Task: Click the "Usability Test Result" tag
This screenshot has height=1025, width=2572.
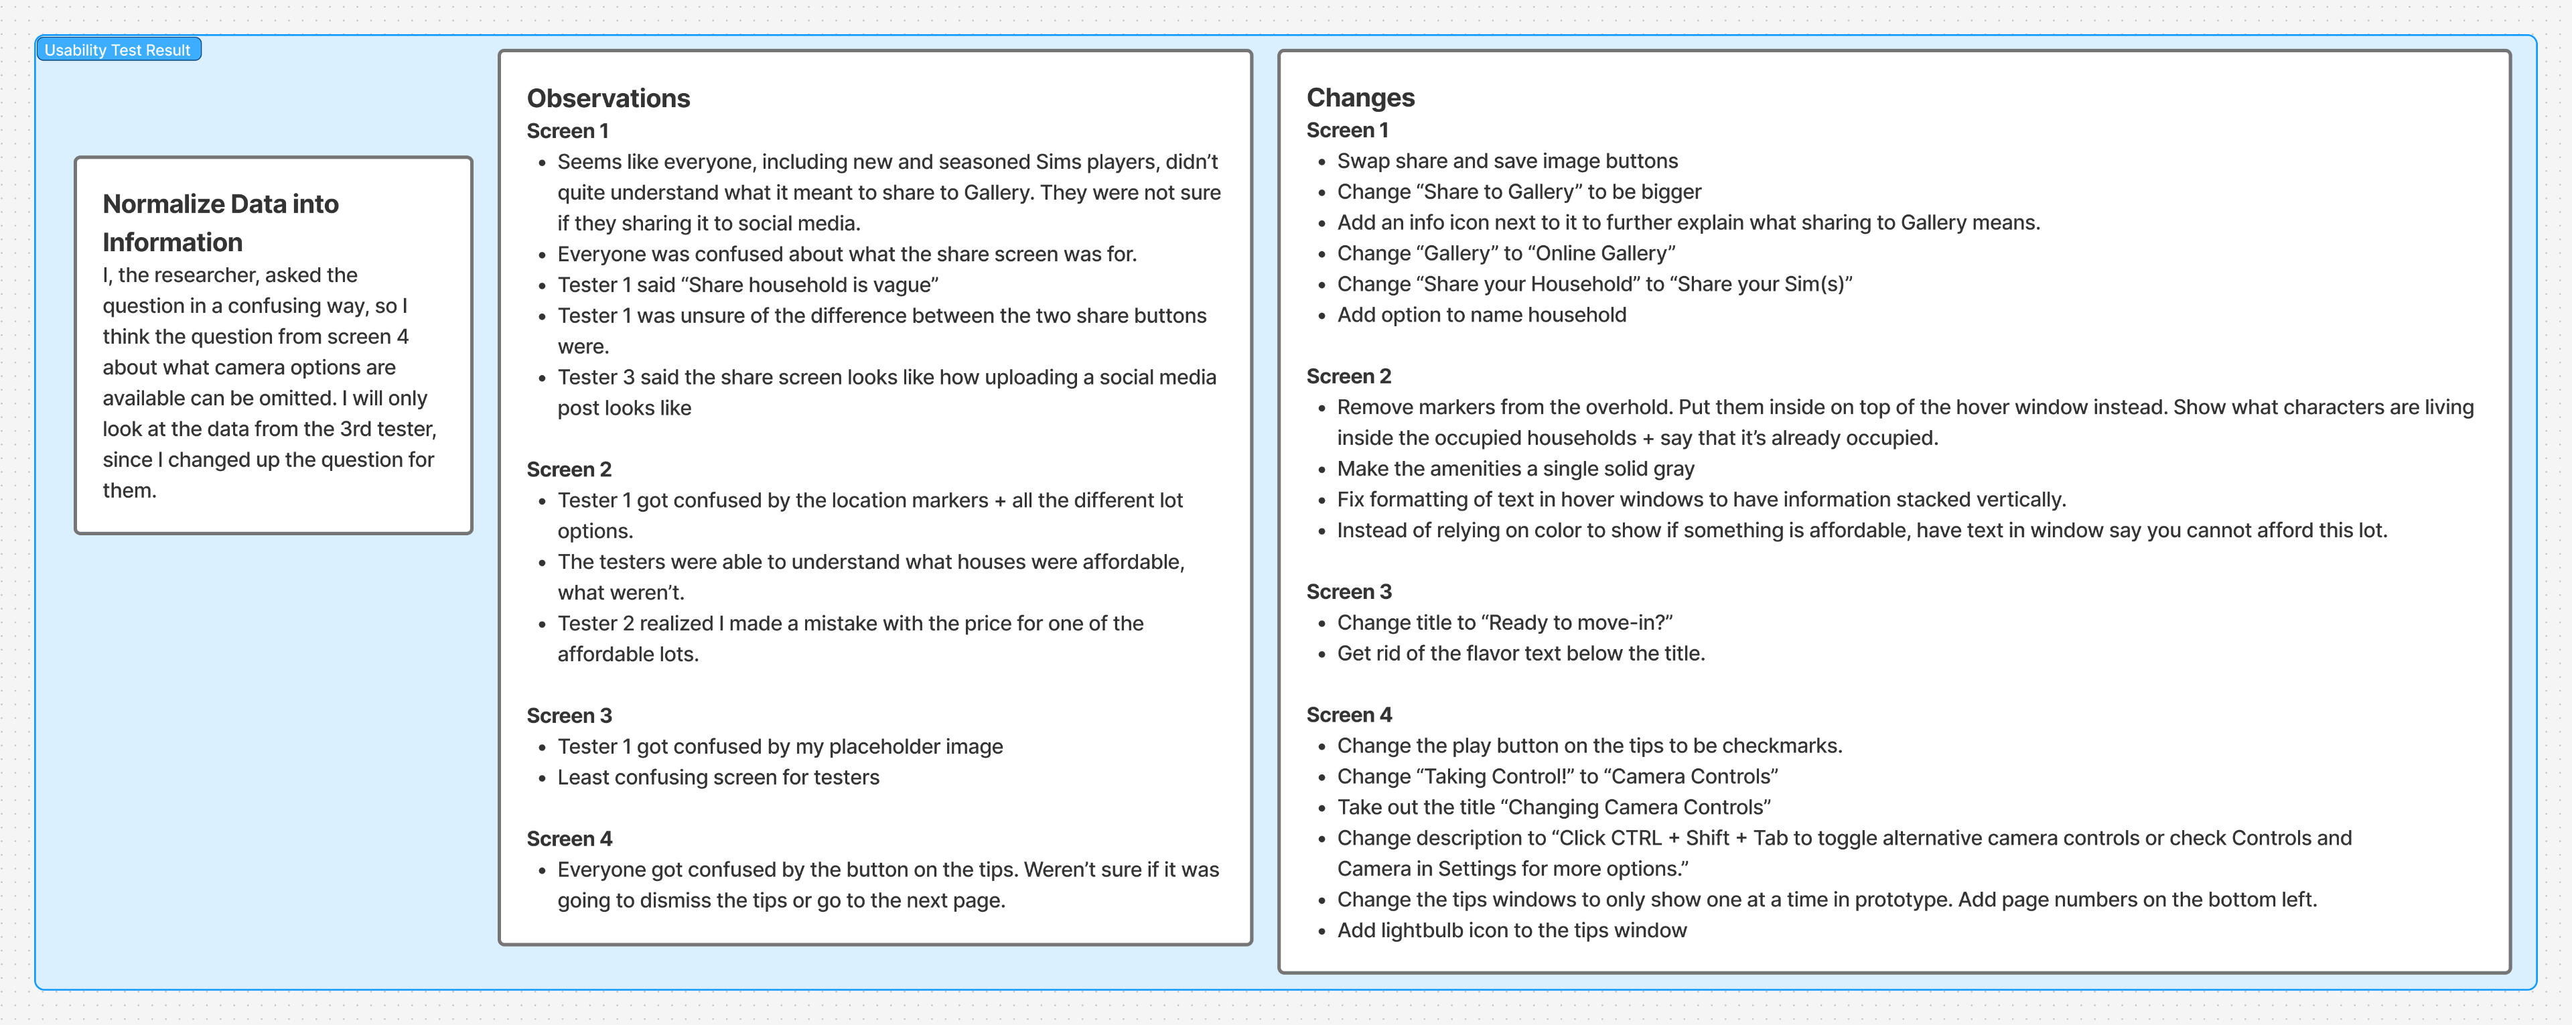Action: pyautogui.click(x=118, y=50)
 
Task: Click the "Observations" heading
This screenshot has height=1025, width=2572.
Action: pyautogui.click(x=608, y=98)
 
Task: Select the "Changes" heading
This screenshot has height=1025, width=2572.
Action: pyautogui.click(x=1360, y=97)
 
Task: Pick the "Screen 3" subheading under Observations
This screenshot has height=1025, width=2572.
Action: pyautogui.click(x=569, y=715)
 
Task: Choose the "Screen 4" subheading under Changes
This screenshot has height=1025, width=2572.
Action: pyautogui.click(x=1349, y=714)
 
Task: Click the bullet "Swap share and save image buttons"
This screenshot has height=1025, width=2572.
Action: pyautogui.click(x=1506, y=161)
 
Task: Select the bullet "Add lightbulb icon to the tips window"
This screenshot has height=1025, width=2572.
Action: pyautogui.click(x=1512, y=930)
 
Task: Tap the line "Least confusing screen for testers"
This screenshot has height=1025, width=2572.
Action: pyautogui.click(x=718, y=777)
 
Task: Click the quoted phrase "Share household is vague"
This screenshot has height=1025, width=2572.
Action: pyautogui.click(x=810, y=285)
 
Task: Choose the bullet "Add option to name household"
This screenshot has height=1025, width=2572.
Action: pyautogui.click(x=1482, y=315)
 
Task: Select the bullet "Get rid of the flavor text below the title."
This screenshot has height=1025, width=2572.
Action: pyautogui.click(x=1520, y=653)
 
